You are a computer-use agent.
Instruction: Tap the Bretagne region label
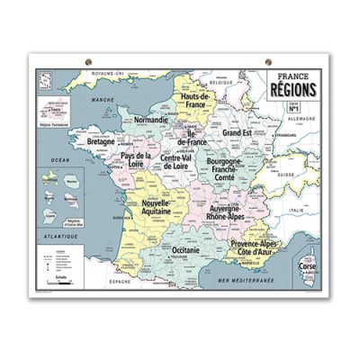click(x=105, y=142)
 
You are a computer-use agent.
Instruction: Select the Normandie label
click(x=150, y=120)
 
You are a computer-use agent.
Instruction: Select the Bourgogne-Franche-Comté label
click(x=234, y=170)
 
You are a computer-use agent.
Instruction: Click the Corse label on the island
click(x=310, y=269)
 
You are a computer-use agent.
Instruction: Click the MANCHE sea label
click(x=103, y=101)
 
